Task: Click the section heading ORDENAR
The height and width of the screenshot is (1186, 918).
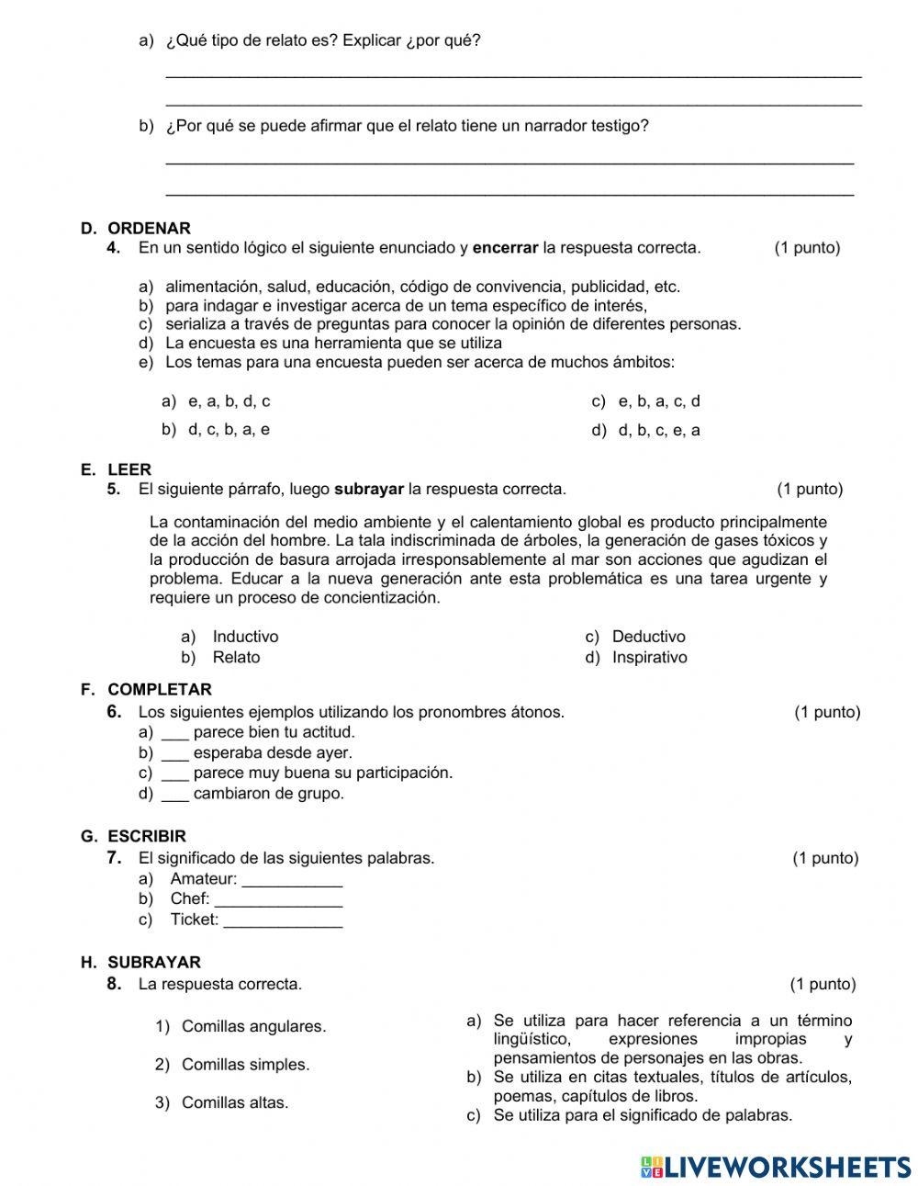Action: tap(149, 228)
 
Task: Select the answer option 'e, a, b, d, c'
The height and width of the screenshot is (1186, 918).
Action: tap(229, 401)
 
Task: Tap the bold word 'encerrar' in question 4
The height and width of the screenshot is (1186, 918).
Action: tap(505, 247)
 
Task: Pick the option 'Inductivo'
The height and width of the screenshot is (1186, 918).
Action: tap(245, 637)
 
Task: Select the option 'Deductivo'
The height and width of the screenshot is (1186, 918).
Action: tap(648, 637)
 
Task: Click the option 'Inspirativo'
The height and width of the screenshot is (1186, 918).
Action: tap(649, 657)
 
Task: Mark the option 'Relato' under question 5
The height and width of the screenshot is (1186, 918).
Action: tap(236, 657)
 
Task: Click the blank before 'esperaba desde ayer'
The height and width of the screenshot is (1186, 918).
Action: tap(174, 753)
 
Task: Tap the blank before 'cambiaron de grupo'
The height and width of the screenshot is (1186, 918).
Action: tap(174, 794)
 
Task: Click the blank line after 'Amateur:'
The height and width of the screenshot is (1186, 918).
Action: tap(292, 880)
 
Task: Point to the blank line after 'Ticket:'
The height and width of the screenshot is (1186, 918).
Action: tap(283, 921)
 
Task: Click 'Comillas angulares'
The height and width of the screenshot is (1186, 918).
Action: tap(253, 1026)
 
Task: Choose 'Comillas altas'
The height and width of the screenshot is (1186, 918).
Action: tap(235, 1102)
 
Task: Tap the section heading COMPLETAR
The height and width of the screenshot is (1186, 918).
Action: tap(160, 689)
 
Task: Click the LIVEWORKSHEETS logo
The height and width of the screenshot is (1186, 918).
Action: tap(776, 1167)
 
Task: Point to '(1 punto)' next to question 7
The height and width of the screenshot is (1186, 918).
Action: tap(825, 858)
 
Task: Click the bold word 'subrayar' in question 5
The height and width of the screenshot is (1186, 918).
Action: tap(369, 489)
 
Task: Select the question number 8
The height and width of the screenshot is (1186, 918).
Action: tap(114, 984)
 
